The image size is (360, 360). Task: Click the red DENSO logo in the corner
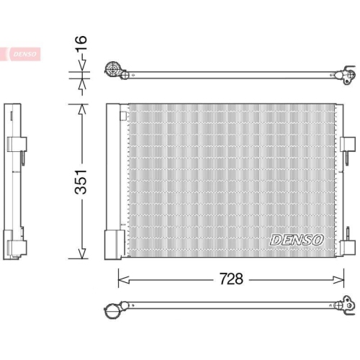[x=23, y=54]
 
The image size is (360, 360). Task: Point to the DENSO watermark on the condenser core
[x=297, y=238]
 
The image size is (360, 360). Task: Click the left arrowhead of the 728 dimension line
[x=121, y=279]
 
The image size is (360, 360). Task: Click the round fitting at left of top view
[x=112, y=70]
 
